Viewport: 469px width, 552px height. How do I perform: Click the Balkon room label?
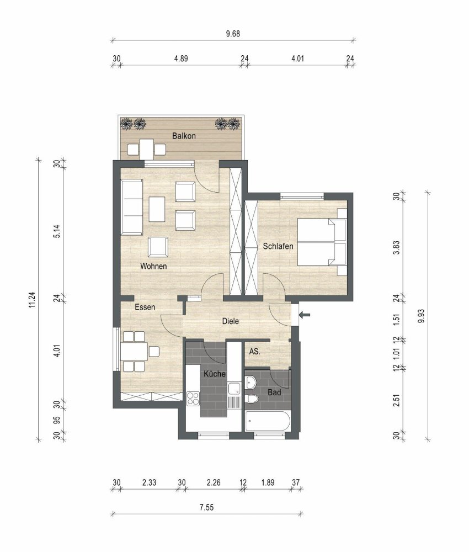point(184,136)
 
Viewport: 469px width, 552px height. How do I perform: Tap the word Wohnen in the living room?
point(153,266)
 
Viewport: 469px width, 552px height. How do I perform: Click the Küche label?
point(215,374)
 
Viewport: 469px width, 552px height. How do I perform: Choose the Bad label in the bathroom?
point(275,392)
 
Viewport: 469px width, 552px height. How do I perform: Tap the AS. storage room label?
point(254,351)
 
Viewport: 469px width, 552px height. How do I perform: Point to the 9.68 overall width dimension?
point(233,34)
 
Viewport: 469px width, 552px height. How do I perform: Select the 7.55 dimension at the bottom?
point(206,508)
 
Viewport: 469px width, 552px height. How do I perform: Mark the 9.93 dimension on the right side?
point(422,315)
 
